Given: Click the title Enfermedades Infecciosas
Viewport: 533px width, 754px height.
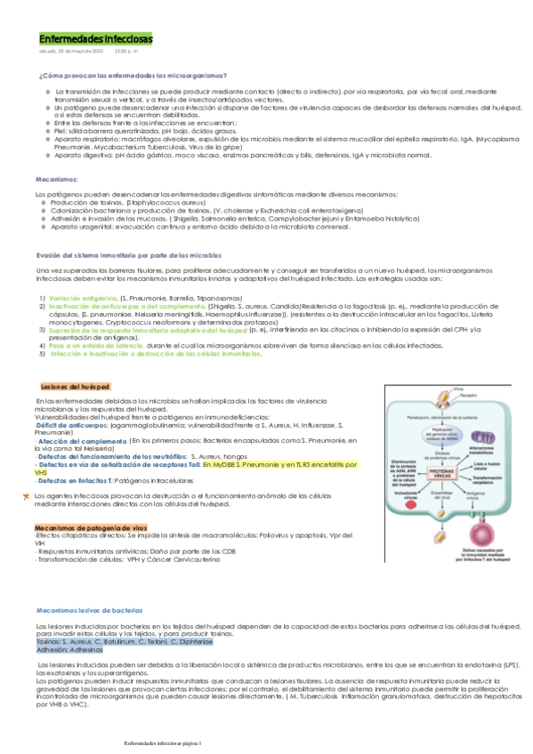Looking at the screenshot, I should click(95, 40).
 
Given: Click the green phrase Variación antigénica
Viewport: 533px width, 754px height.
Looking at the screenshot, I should click(83, 297).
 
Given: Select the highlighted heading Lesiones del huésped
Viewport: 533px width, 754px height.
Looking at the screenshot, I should click(75, 387).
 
